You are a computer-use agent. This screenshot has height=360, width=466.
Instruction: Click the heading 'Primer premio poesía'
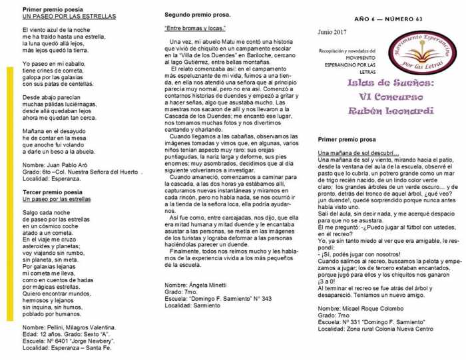53,8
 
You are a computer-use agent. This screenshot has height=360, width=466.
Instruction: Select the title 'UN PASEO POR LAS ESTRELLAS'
69,15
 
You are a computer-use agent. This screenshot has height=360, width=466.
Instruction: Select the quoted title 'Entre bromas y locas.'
195,28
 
